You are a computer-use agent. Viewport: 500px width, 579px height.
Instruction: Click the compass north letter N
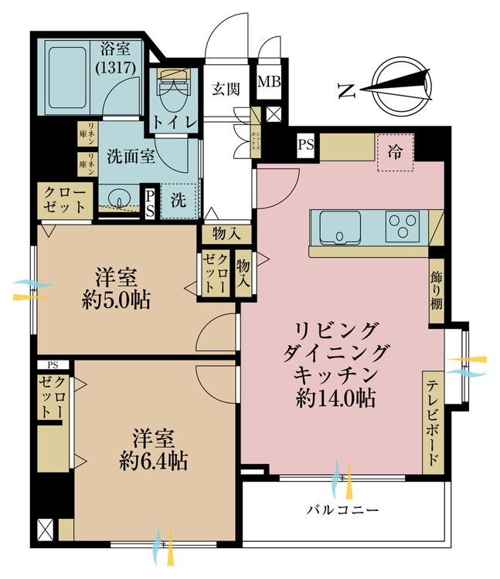click(347, 91)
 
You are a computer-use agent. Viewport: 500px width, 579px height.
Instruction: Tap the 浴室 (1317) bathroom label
click(117, 59)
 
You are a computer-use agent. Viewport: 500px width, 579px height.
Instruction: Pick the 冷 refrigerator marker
click(395, 152)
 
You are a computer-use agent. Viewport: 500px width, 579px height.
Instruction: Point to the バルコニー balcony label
click(342, 510)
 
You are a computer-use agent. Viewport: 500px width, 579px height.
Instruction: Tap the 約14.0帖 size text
click(334, 400)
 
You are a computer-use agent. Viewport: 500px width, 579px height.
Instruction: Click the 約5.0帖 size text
click(117, 300)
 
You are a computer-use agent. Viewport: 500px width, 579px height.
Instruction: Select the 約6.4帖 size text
click(154, 462)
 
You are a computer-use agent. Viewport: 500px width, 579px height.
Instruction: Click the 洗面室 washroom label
click(131, 156)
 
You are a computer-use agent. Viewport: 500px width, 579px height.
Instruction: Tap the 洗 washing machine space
click(178, 202)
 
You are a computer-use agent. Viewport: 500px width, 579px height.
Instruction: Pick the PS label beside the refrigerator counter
click(307, 144)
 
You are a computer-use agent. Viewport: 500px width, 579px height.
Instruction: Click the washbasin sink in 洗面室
click(118, 198)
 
